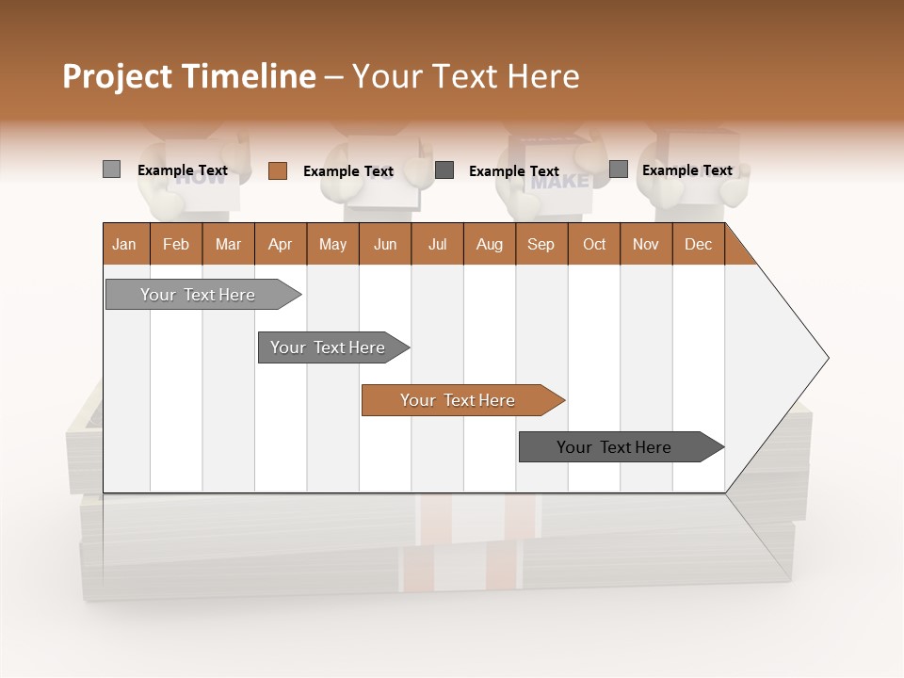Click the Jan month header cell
(x=125, y=244)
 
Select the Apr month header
(x=281, y=244)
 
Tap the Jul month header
(x=437, y=244)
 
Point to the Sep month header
(x=541, y=244)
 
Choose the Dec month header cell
(x=698, y=244)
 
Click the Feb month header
(x=176, y=244)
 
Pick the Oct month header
(x=594, y=244)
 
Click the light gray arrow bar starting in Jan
(x=198, y=295)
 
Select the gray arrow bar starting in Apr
(x=328, y=347)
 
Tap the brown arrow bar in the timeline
(x=458, y=400)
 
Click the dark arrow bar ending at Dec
(x=614, y=447)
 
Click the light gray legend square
(x=111, y=169)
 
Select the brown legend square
(x=277, y=170)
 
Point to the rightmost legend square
(x=618, y=169)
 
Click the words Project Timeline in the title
(x=188, y=76)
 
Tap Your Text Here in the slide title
(x=465, y=76)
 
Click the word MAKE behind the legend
(x=559, y=183)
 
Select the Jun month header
(x=385, y=244)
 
